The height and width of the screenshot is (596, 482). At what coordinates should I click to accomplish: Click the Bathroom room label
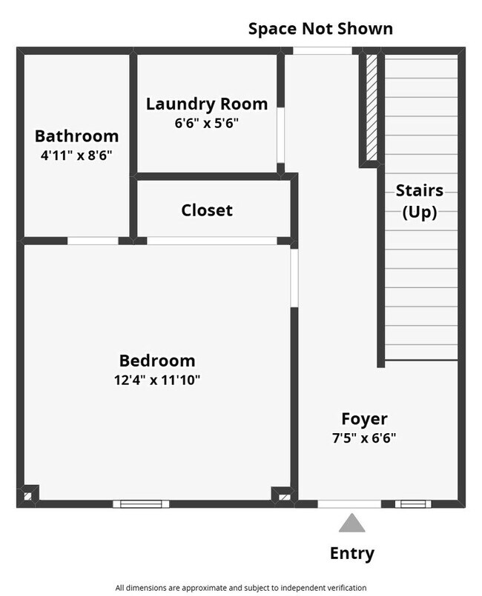[76, 136]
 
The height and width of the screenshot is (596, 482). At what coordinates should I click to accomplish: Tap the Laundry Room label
[207, 104]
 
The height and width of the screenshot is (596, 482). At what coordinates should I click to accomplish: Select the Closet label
[207, 210]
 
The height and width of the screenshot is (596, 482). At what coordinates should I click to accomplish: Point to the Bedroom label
[157, 361]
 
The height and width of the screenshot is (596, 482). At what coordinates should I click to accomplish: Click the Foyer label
[364, 418]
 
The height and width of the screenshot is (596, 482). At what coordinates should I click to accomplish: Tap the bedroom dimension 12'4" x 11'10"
[157, 381]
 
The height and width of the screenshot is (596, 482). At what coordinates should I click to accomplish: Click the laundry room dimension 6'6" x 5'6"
[207, 123]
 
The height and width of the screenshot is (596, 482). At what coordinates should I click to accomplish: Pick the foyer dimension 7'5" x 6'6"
[364, 438]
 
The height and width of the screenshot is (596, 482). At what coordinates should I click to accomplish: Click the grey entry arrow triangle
[352, 524]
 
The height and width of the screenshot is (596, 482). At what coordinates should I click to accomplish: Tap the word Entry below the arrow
[352, 553]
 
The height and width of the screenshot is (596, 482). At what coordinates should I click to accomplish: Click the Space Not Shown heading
[320, 29]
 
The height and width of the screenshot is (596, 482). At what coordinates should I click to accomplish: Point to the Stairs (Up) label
[419, 201]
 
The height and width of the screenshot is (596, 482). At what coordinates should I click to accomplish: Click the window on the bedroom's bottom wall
[141, 504]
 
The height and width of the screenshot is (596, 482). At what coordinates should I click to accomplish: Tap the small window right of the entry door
[407, 504]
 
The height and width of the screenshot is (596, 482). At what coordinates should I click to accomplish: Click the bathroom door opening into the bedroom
[93, 241]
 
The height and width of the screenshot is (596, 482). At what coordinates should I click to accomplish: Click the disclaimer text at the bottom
[241, 588]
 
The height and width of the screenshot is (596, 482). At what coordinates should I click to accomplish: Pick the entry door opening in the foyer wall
[349, 504]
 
